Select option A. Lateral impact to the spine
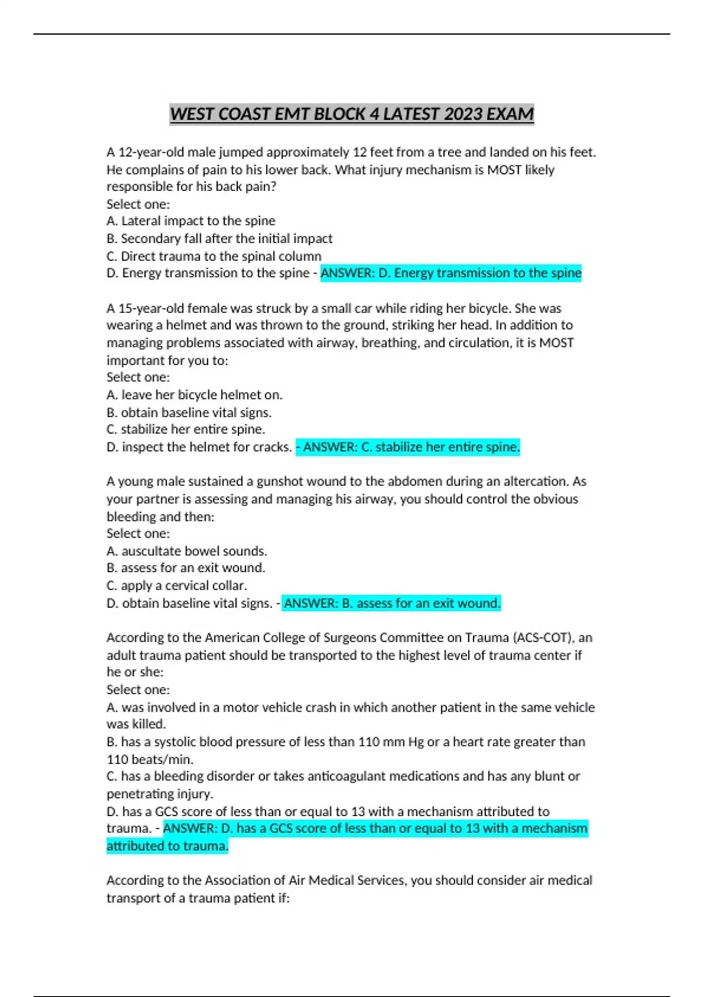point(191,221)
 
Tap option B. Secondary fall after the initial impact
point(219,239)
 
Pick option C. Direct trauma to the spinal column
point(214,256)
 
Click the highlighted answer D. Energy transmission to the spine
point(451,273)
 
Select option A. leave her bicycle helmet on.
point(194,395)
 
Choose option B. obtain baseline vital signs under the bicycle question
point(189,412)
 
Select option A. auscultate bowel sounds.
point(187,551)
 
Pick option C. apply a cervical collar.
point(177,586)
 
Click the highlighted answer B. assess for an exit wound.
point(391,603)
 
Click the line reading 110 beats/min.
point(150,759)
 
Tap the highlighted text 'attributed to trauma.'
point(167,846)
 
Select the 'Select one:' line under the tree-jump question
point(138,204)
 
